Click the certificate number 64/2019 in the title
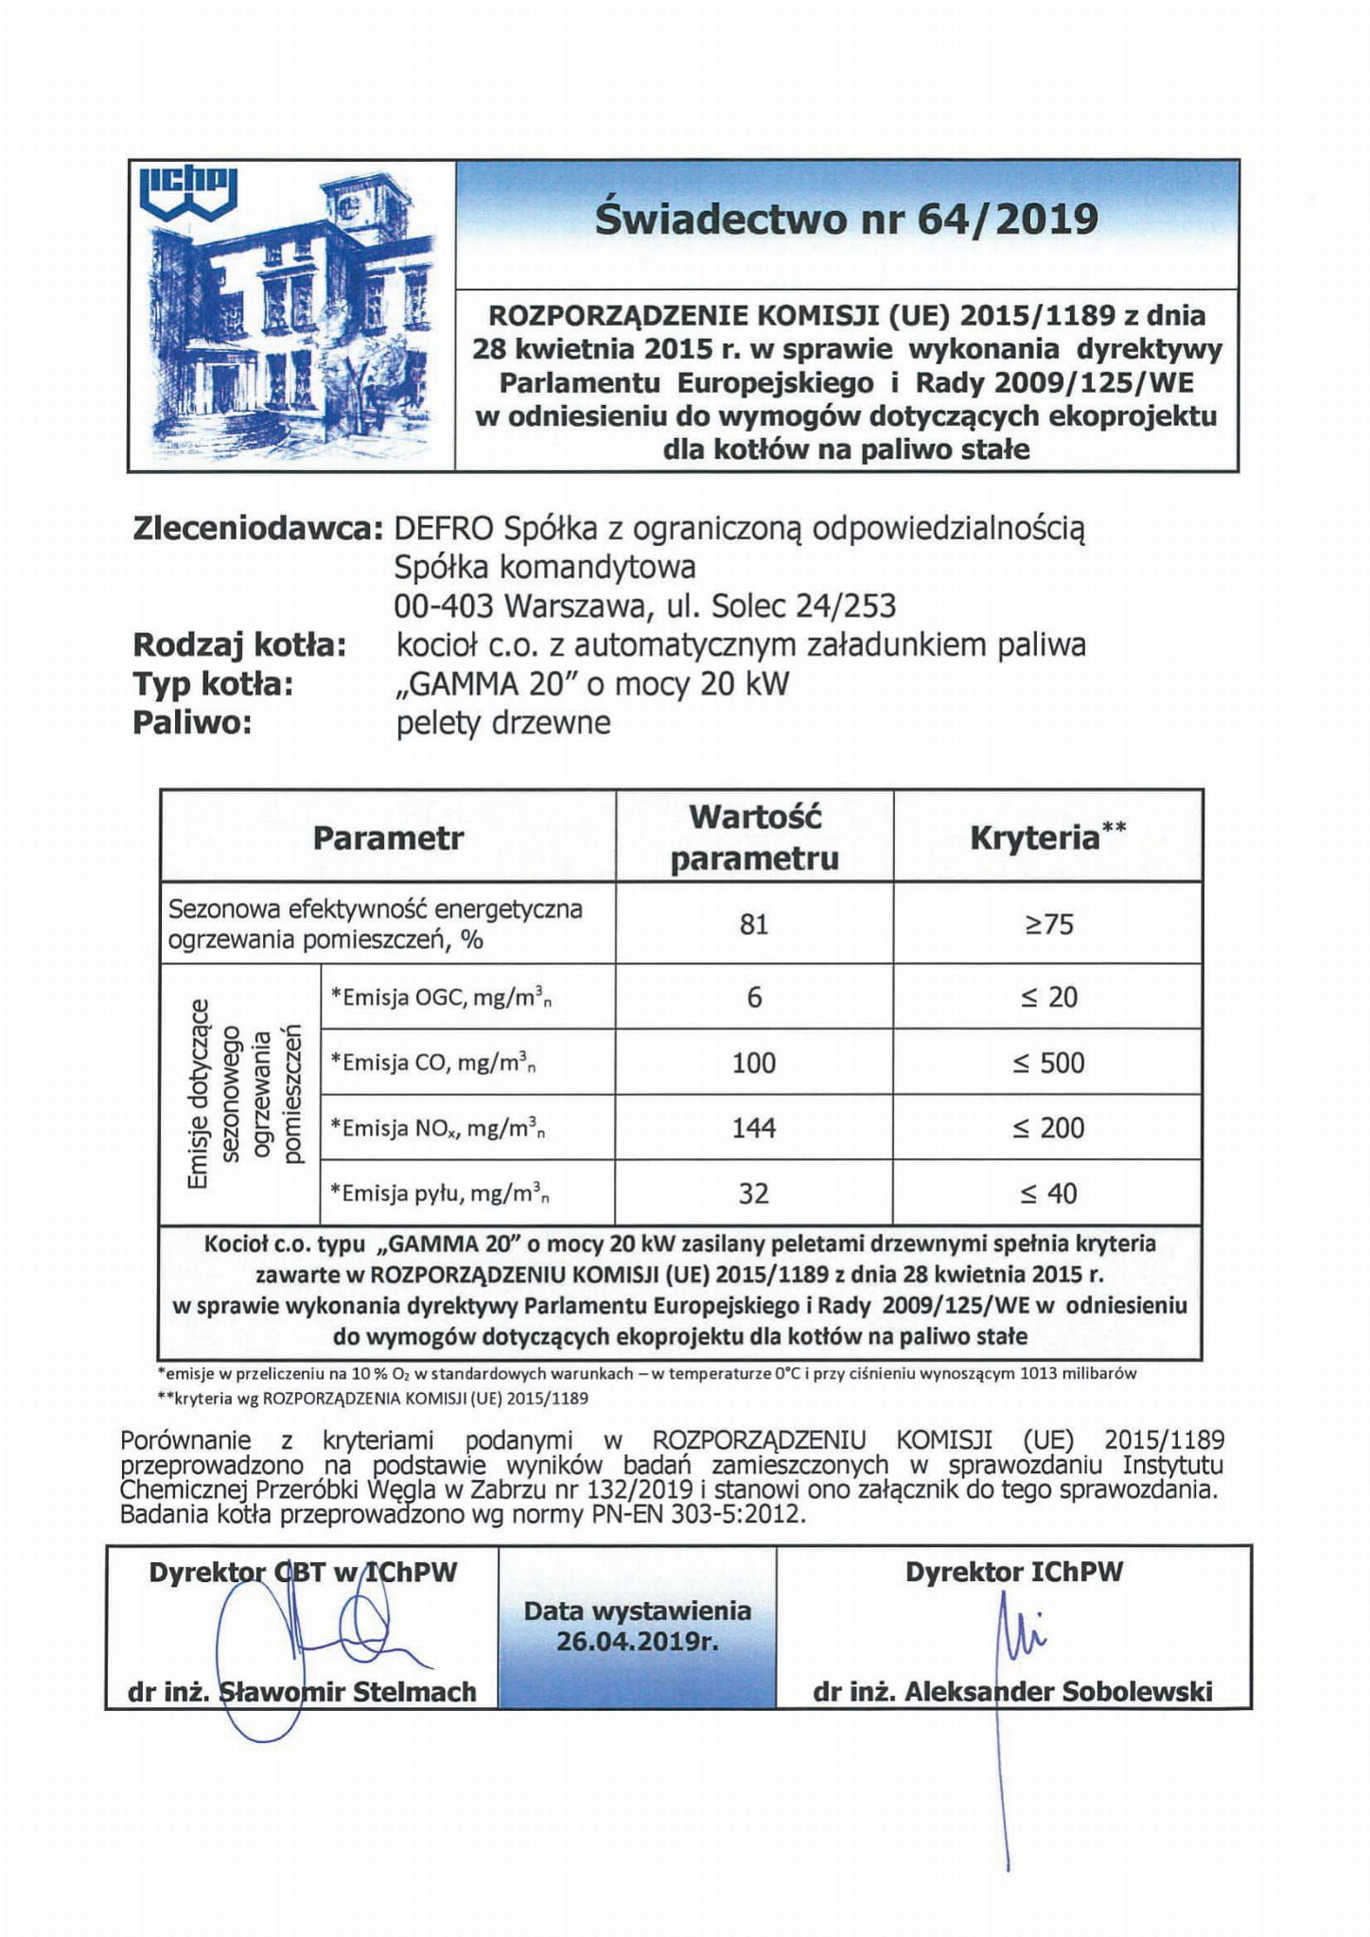[1008, 220]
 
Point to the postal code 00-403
[446, 606]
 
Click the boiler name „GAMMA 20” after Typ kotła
[477, 684]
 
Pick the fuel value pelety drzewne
[503, 723]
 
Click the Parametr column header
[388, 838]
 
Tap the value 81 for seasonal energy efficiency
[754, 924]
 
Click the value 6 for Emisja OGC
[754, 997]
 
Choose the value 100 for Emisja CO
[754, 1063]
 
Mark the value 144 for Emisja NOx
[754, 1128]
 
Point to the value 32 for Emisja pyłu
[754, 1193]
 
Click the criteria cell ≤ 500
[1048, 1063]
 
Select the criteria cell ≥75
[1048, 924]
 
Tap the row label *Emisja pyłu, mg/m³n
[440, 1194]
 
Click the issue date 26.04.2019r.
[638, 1640]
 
